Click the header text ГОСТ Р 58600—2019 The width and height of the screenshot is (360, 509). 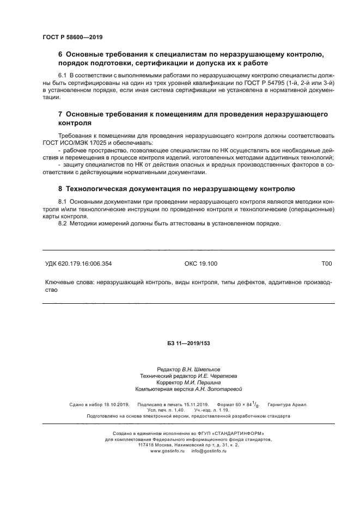click(72, 38)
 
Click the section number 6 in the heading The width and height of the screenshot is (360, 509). click(60, 54)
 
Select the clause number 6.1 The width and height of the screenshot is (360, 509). click(62, 75)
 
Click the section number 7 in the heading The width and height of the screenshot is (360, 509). click(60, 115)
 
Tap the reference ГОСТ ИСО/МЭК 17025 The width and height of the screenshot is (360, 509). click(75, 143)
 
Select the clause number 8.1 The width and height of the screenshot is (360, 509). click(62, 201)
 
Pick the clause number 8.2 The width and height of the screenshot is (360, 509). click(62, 224)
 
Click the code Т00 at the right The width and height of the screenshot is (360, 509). click(327, 263)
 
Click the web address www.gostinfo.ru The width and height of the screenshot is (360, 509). click(168, 451)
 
